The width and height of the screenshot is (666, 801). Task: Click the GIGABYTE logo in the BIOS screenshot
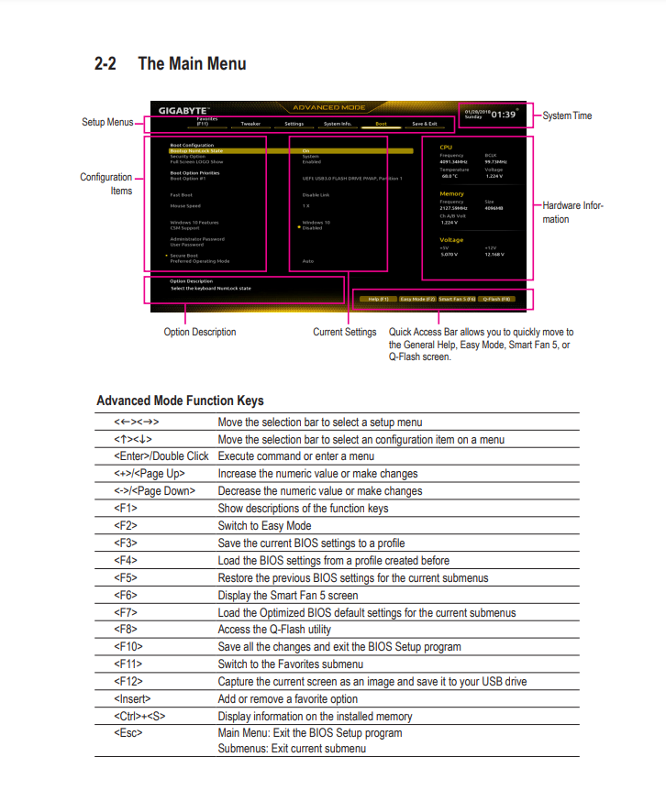[x=178, y=110]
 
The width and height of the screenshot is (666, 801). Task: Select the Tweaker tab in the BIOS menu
[x=250, y=123]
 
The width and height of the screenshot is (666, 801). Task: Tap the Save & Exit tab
[x=424, y=123]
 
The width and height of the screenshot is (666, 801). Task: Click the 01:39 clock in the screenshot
[x=503, y=115]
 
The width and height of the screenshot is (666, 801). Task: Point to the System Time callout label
[x=567, y=115]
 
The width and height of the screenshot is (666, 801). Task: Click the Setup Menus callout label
[x=107, y=122]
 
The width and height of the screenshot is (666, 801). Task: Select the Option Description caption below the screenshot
[x=199, y=332]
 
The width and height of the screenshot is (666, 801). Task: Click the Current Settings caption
[x=344, y=332]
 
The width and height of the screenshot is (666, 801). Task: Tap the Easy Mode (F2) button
[x=417, y=299]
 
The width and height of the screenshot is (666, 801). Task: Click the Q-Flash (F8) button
[x=496, y=299]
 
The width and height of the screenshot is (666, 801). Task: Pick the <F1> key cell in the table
[x=126, y=509]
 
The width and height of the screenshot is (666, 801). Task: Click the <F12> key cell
[x=128, y=682]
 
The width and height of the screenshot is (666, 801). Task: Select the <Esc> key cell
[x=128, y=733]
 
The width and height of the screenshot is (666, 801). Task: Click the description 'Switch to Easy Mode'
[x=264, y=526]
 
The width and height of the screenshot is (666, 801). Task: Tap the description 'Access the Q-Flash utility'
[x=274, y=630]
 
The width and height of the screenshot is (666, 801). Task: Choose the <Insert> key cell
[x=132, y=699]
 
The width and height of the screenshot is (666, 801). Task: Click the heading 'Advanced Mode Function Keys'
[x=180, y=400]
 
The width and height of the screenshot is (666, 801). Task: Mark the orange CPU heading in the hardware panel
[x=446, y=147]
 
